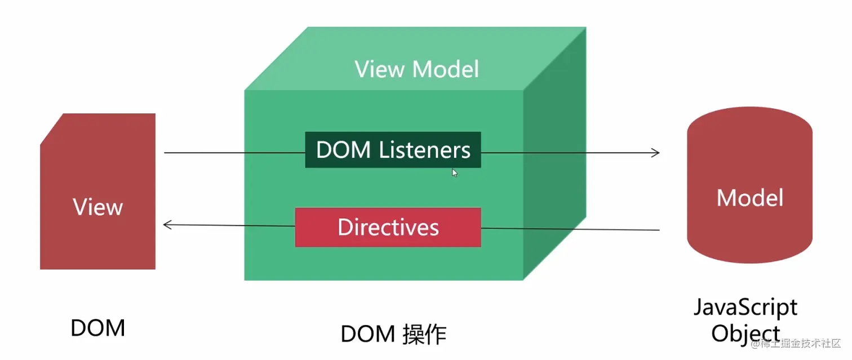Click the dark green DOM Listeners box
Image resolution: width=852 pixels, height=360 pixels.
tap(393, 150)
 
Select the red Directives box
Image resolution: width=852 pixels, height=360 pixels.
tap(388, 227)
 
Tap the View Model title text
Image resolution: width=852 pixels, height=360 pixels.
tap(416, 69)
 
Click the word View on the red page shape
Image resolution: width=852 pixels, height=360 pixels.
tap(97, 207)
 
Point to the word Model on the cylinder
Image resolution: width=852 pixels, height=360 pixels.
tap(749, 198)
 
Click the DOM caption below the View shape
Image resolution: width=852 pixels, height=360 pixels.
tap(97, 327)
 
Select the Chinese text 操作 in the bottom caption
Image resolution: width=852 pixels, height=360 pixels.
tap(424, 335)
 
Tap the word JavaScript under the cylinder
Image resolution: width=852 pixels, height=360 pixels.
tap(745, 308)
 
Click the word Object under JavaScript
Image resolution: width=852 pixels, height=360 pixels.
tap(745, 333)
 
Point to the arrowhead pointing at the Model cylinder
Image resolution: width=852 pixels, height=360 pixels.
tap(655, 152)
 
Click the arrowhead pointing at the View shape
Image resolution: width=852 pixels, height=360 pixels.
tap(167, 225)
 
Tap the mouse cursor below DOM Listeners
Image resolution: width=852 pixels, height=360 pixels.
tap(455, 173)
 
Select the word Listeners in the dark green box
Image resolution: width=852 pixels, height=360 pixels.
tap(424, 150)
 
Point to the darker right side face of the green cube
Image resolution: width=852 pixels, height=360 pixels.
tap(554, 169)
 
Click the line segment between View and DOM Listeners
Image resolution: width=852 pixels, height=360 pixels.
tap(234, 153)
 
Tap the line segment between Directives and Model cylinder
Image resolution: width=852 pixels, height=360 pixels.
tap(569, 229)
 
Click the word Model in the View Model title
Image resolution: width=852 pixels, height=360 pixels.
tap(445, 69)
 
